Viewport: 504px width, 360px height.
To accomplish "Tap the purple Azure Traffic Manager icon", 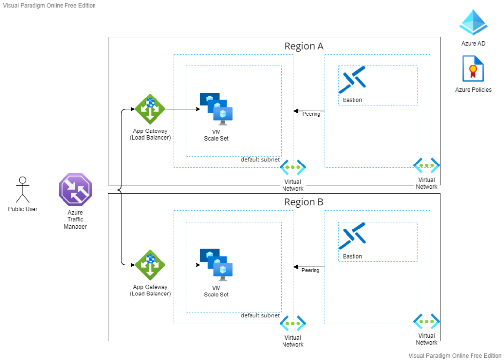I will tap(75, 189).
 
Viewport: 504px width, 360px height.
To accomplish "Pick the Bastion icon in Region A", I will tap(352, 80).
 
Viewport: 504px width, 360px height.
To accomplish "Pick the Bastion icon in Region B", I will tap(352, 236).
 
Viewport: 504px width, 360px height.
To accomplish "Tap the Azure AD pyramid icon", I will tap(473, 23).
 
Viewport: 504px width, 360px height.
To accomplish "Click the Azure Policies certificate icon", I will tap(473, 68).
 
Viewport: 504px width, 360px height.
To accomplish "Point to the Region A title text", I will tap(304, 46).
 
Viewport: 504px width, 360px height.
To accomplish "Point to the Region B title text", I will tap(304, 202).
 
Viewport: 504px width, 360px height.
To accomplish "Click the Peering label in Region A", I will tap(311, 114).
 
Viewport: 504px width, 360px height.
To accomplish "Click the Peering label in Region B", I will tap(310, 270).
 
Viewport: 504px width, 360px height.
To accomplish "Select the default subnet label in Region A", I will tap(260, 160).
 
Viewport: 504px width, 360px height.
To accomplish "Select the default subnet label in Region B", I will tap(260, 316).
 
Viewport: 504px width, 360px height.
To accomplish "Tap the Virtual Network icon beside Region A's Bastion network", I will tap(426, 166).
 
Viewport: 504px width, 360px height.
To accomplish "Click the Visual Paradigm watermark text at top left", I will tap(50, 6).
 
